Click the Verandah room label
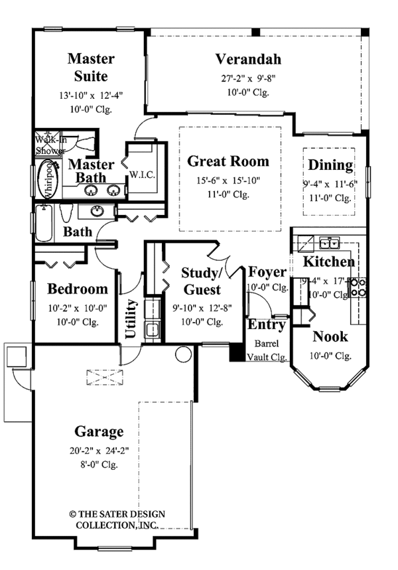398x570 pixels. click(248, 60)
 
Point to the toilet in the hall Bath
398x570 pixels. click(66, 214)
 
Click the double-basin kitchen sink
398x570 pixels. click(327, 242)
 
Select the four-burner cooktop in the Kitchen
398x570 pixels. click(357, 287)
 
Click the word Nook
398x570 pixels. click(330, 336)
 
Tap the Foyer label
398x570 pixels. click(267, 272)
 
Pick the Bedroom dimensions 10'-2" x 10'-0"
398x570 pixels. click(77, 308)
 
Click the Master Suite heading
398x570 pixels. click(91, 67)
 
